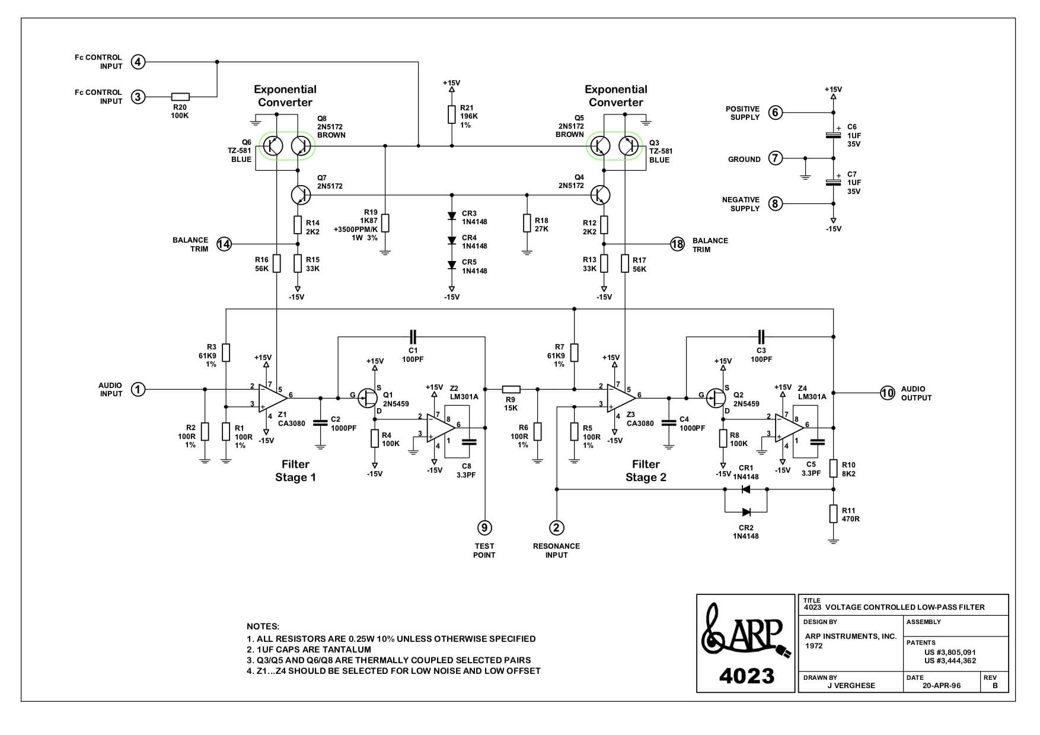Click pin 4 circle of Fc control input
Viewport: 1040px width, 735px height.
138,62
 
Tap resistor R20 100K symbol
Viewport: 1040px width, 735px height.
180,97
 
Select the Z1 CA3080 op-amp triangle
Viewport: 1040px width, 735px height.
272,398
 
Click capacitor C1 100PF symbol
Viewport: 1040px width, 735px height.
413,337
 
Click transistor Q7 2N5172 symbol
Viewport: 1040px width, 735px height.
301,195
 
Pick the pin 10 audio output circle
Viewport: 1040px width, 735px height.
887,393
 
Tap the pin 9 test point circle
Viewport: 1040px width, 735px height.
485,527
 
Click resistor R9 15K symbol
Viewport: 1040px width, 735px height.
511,389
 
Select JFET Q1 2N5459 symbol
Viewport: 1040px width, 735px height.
369,398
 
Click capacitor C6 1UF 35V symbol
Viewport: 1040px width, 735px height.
833,135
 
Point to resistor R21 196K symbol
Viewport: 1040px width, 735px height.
452,114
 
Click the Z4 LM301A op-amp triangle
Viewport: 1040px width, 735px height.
788,427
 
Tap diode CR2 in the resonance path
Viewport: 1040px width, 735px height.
746,512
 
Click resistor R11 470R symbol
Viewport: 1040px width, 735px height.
833,514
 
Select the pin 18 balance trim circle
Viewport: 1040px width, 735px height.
677,244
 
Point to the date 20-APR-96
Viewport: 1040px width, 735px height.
942,685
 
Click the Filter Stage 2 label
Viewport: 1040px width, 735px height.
646,471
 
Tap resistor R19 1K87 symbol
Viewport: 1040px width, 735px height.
385,222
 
